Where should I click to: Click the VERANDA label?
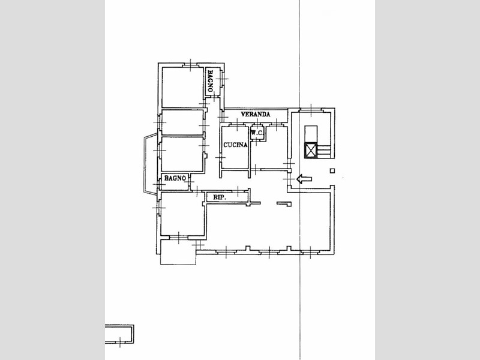pos(256,114)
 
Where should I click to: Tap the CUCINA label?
pos(235,145)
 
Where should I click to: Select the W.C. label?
pos(257,133)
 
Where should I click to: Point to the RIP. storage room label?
pos(220,197)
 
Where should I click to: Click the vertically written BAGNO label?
pos(211,81)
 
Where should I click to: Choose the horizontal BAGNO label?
pos(175,178)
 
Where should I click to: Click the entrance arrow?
pos(304,179)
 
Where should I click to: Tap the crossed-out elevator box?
pos(311,151)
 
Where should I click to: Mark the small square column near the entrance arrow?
pos(332,171)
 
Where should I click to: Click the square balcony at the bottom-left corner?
pos(178,252)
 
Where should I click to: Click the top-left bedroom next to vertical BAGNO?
pos(182,87)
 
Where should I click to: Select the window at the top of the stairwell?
pos(311,110)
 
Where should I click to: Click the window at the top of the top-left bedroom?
pos(190,65)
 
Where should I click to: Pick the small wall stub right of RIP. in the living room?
pos(284,203)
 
